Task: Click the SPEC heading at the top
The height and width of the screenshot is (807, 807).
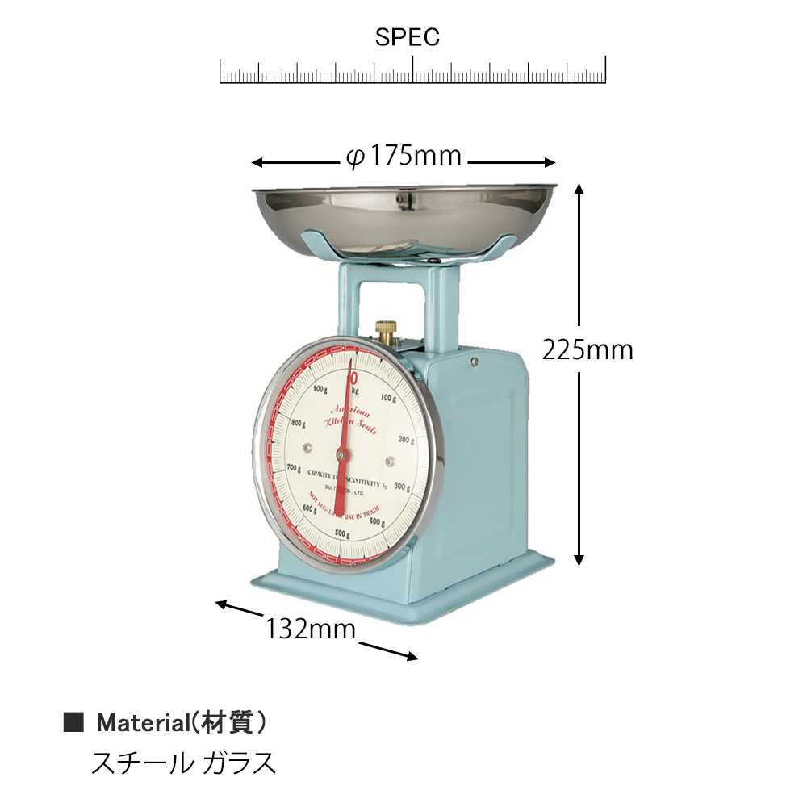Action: (408, 38)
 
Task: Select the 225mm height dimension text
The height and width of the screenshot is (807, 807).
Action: (587, 349)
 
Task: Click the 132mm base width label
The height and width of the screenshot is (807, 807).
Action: (311, 629)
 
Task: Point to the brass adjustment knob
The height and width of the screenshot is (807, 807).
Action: (387, 331)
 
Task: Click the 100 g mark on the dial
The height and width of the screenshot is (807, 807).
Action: (389, 397)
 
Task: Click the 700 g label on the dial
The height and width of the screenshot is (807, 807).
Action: (292, 468)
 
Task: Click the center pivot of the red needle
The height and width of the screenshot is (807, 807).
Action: (343, 457)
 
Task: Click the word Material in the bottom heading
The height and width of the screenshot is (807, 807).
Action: (141, 723)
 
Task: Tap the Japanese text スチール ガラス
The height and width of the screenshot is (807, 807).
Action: (184, 763)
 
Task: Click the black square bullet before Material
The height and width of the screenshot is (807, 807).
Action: (73, 723)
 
